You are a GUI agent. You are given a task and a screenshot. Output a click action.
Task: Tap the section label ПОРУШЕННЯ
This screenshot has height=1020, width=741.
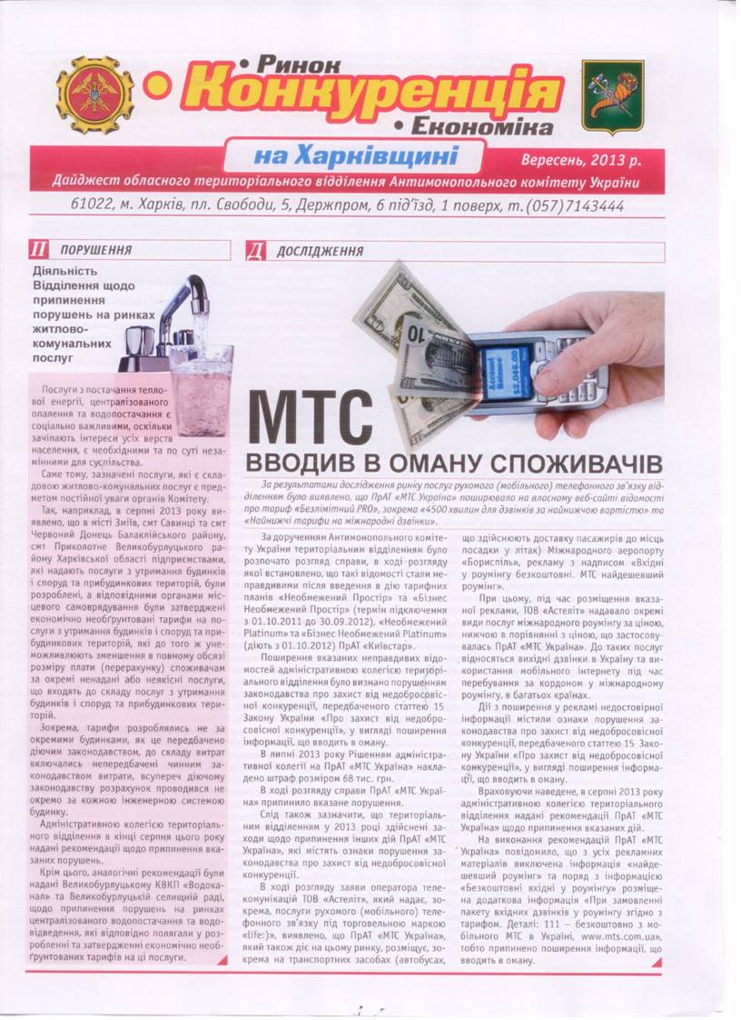coord(95,250)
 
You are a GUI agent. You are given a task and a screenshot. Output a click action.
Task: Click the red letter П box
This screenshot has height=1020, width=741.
coord(38,250)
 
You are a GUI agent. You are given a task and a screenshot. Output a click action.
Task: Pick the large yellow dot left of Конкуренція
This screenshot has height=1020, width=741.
coord(158,86)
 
